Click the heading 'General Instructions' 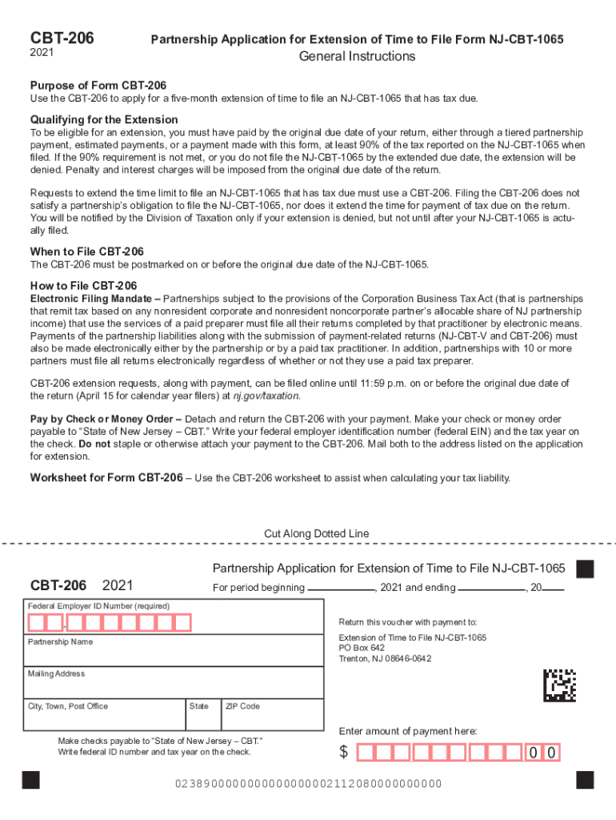[357, 56]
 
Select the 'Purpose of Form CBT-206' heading [98, 86]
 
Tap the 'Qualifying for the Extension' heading [104, 119]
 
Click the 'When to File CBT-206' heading [87, 251]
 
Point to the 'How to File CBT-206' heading [83, 286]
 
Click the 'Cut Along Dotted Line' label [317, 534]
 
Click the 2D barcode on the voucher [559, 685]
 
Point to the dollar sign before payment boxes [344, 753]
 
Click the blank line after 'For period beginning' [341, 589]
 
